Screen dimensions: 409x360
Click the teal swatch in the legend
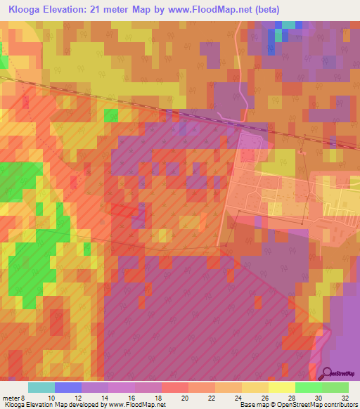click(x=41, y=387)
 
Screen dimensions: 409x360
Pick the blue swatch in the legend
click(x=68, y=387)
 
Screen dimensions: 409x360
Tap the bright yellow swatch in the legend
click(x=281, y=387)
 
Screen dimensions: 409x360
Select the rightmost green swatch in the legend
click(x=335, y=387)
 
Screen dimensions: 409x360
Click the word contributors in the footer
click(x=340, y=405)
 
